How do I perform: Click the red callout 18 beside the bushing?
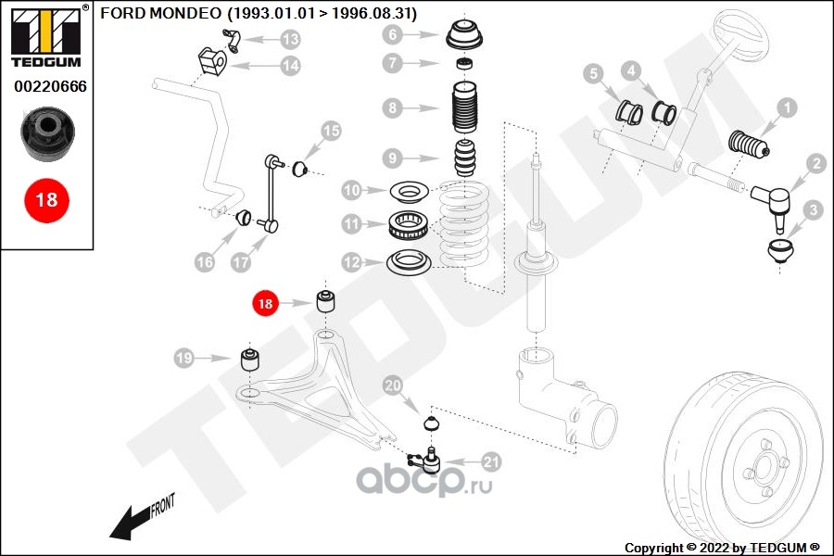click(265, 303)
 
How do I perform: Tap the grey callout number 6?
click(392, 34)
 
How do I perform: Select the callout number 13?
click(290, 39)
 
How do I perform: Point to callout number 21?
click(490, 461)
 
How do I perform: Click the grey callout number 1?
click(787, 108)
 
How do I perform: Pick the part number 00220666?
click(50, 86)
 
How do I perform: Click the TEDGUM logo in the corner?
click(46, 36)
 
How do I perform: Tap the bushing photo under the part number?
click(48, 133)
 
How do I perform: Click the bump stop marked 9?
click(465, 158)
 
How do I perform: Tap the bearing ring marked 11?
click(409, 225)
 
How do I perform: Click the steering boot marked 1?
click(749, 145)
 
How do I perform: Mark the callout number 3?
click(813, 210)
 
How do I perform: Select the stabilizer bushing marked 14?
click(212, 62)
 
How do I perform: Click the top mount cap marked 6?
click(465, 35)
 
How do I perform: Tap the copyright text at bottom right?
click(722, 548)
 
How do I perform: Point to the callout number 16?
click(204, 261)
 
